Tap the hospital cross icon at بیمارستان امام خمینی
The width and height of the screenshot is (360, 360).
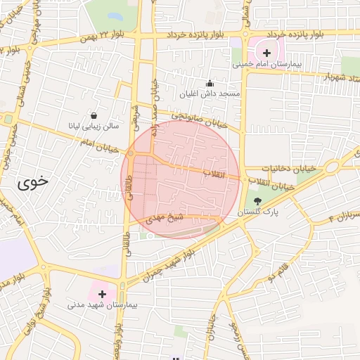266,53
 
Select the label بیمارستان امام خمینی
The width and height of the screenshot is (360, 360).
266,65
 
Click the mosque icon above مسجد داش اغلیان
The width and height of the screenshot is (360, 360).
209,82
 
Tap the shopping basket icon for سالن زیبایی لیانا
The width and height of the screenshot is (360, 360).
94,115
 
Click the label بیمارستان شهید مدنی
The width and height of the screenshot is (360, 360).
96,305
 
